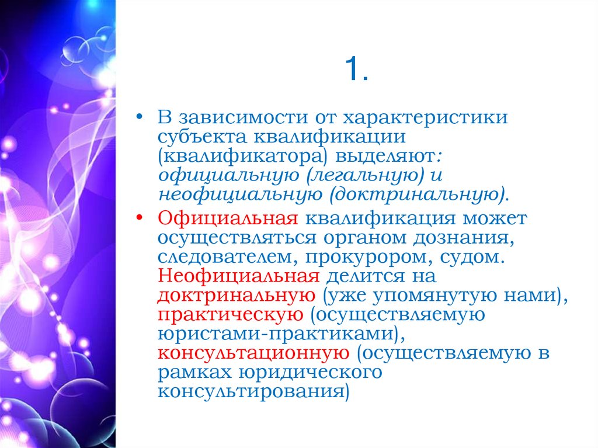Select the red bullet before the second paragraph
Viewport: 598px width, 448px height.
[x=138, y=218]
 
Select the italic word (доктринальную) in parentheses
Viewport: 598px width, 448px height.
[x=418, y=194]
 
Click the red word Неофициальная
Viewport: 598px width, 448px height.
[x=239, y=276]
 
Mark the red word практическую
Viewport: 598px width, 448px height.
[x=230, y=315]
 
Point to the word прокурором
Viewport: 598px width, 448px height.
[x=377, y=258]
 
